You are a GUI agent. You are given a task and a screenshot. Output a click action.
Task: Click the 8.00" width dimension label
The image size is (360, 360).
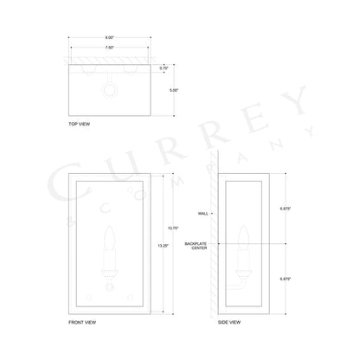[110, 37]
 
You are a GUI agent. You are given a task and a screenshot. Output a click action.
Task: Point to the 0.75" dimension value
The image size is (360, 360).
[164, 66]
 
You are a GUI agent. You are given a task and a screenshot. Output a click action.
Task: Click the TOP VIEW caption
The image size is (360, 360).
[79, 125]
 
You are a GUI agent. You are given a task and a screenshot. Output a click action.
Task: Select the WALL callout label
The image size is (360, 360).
[204, 211]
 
